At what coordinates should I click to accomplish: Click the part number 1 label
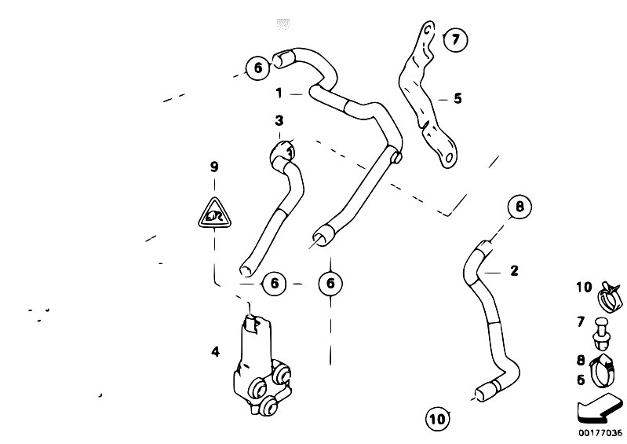(278, 94)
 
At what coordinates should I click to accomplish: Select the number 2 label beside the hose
(514, 271)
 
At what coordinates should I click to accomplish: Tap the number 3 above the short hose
(279, 121)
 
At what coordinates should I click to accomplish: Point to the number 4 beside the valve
(215, 352)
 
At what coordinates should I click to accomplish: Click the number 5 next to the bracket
(457, 99)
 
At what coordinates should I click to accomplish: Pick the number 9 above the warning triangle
(213, 167)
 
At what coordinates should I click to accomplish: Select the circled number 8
(518, 207)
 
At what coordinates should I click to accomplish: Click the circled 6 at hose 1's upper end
(256, 68)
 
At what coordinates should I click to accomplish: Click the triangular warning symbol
(213, 212)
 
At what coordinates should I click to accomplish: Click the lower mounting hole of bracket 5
(450, 160)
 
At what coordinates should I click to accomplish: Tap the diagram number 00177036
(600, 433)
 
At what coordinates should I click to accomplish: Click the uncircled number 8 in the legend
(581, 361)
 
